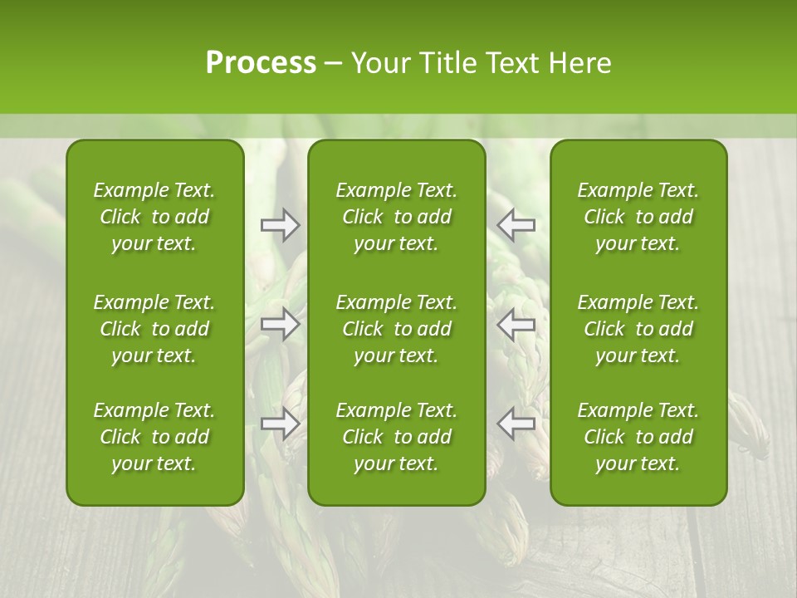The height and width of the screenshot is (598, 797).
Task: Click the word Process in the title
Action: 261,63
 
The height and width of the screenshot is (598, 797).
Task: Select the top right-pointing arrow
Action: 280,224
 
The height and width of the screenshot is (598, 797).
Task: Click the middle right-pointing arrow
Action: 280,324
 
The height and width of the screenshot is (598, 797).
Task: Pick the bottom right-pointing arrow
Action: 280,424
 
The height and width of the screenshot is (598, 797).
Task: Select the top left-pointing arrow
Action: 516,224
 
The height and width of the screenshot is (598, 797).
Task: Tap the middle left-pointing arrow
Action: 516,324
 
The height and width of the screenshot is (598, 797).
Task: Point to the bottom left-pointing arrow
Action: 516,424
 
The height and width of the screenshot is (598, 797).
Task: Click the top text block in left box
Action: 154,217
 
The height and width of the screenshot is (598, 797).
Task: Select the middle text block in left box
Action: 154,329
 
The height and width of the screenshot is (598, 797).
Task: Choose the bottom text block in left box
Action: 154,437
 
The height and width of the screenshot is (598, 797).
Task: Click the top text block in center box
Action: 396,217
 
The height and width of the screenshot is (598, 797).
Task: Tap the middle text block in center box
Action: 396,329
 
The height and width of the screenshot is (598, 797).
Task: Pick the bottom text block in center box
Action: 396,437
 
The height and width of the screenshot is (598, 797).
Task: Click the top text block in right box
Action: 638,217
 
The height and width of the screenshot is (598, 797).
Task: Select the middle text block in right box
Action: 638,329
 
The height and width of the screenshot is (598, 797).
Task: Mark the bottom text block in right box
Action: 638,437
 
